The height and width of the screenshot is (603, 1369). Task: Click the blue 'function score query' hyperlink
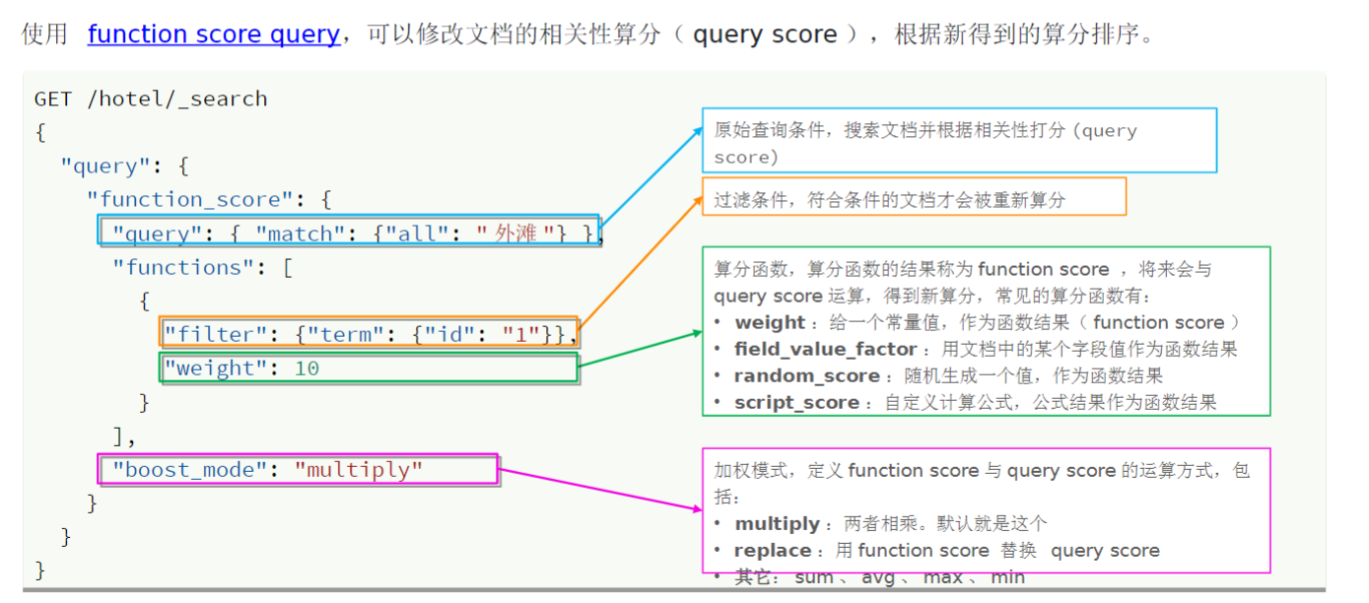213,34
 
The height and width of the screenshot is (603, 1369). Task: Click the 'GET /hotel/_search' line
151,99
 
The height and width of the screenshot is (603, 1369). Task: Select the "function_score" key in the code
197,199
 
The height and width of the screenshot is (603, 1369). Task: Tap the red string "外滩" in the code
515,234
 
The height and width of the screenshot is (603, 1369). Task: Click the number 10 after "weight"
307,368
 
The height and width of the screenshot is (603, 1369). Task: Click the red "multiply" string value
359,470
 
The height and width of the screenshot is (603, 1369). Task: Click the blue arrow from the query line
650,177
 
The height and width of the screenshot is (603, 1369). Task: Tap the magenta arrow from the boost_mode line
601,490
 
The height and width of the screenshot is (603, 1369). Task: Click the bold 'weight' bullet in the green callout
770,323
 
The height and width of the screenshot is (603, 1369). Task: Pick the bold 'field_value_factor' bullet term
825,350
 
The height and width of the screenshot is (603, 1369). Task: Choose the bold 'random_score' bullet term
806,376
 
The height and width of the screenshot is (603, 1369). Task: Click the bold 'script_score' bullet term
796,403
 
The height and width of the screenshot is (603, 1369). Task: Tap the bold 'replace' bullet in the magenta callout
773,551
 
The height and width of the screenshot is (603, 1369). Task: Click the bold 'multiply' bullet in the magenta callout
777,524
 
